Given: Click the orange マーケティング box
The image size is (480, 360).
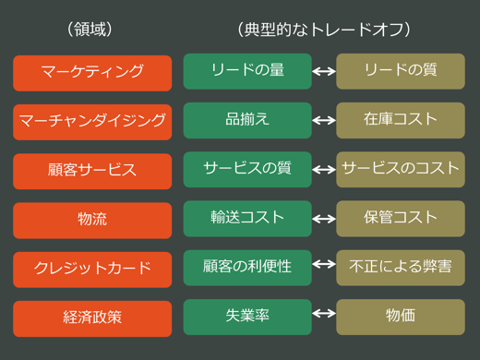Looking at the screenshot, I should point(92,73).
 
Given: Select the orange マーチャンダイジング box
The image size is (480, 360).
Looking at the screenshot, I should point(92,122).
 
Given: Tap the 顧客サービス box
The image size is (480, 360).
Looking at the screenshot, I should point(92,171).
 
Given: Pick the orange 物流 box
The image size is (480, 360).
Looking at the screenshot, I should point(92,220).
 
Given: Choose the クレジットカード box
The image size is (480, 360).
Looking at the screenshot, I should point(92,269).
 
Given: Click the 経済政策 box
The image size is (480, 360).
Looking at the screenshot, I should point(92,318).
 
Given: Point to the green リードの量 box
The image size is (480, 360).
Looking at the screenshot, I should point(247,71).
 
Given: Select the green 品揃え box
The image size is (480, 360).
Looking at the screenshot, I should point(247,120).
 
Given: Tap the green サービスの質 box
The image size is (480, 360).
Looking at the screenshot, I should point(247,169).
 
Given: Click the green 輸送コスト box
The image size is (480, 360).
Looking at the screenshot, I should point(247,218).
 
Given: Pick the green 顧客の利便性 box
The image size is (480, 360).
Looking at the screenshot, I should point(247,267).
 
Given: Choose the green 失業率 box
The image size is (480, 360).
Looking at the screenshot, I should point(247,316).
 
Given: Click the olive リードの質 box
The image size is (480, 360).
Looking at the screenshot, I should point(400,71).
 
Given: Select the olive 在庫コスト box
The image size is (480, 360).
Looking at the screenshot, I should point(400,120).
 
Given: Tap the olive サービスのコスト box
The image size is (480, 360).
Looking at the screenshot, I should point(400,169).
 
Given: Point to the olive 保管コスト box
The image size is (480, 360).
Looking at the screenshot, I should point(400,218).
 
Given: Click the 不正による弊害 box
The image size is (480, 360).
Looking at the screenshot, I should point(400,267).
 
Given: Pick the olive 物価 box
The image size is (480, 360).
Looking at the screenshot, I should point(400,316).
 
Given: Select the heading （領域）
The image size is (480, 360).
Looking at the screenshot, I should point(90,30).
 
